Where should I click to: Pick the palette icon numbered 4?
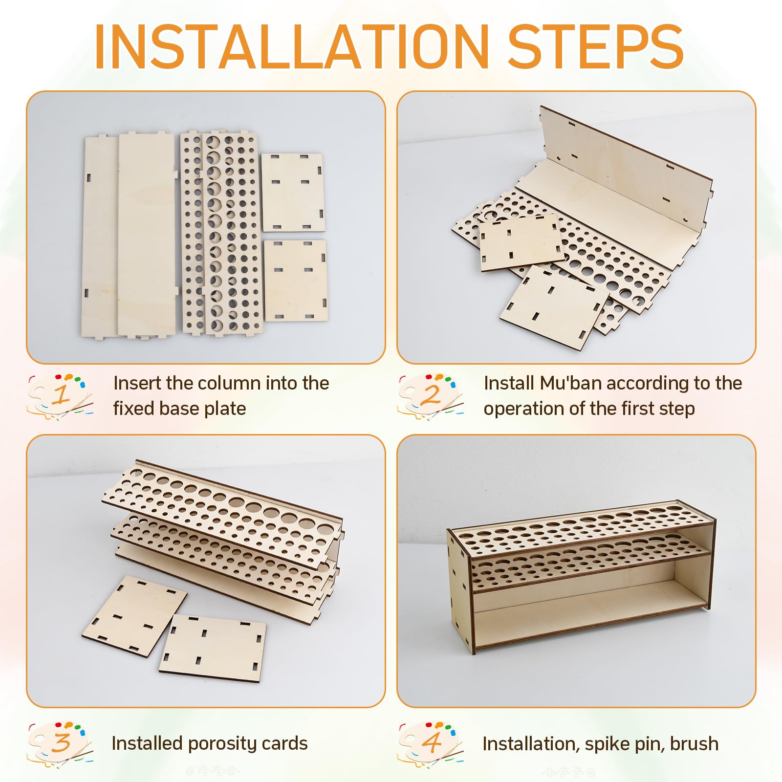pyautogui.click(x=431, y=743)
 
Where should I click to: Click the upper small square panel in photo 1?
pyautogui.click(x=293, y=193)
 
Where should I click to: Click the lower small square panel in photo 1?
pyautogui.click(x=296, y=280)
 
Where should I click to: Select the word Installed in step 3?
pyautogui.click(x=147, y=743)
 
